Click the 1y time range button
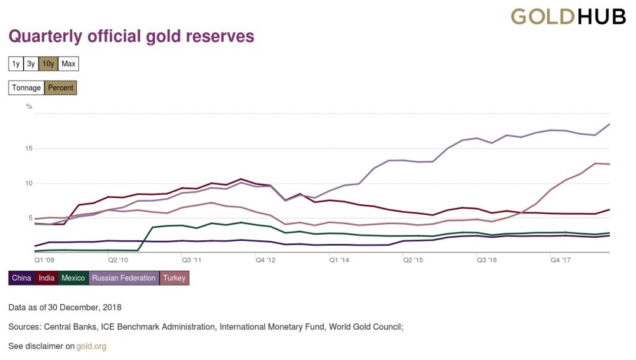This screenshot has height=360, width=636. pos(16,64)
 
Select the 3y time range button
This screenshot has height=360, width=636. pos(31,64)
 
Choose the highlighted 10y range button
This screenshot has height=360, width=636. pos(48,64)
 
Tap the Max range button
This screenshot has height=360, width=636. pos(68,64)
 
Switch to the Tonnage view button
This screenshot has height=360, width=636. pos(27,88)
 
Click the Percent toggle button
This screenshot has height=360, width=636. pos(61,88)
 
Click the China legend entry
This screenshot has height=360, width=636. pos(22,278)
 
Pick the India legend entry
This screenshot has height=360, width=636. pos(47,278)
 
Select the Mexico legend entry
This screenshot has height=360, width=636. pos(73,278)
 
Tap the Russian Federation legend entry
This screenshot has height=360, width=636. pos(124,278)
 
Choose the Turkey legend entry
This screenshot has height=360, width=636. pos(175,278)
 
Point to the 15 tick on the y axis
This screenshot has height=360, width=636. pos(29,148)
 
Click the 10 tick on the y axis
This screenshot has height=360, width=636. pos(29,183)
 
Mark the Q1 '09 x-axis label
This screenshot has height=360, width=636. pos(44,260)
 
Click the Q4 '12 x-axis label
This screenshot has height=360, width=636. pos(266,260)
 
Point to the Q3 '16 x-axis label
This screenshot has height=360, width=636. pos(487,260)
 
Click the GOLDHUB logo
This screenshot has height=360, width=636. pos(568,17)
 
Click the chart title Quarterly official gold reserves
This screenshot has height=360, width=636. pos(131,37)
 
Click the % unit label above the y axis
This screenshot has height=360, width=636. pos(29,106)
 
